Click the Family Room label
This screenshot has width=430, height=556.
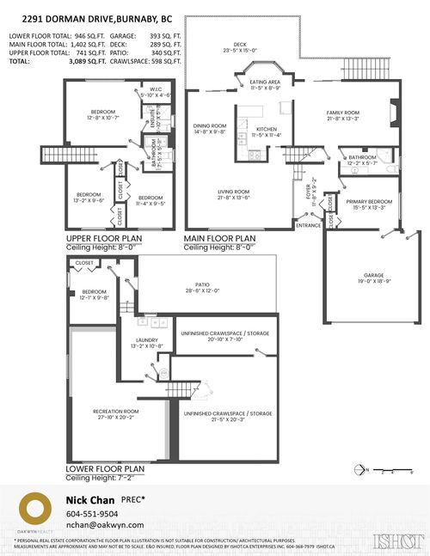[341, 115]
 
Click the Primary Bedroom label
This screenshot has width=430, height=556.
[369, 204]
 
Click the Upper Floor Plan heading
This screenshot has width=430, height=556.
[104, 238]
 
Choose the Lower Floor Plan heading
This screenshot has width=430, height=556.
[105, 468]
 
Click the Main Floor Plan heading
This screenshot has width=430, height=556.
[219, 238]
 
